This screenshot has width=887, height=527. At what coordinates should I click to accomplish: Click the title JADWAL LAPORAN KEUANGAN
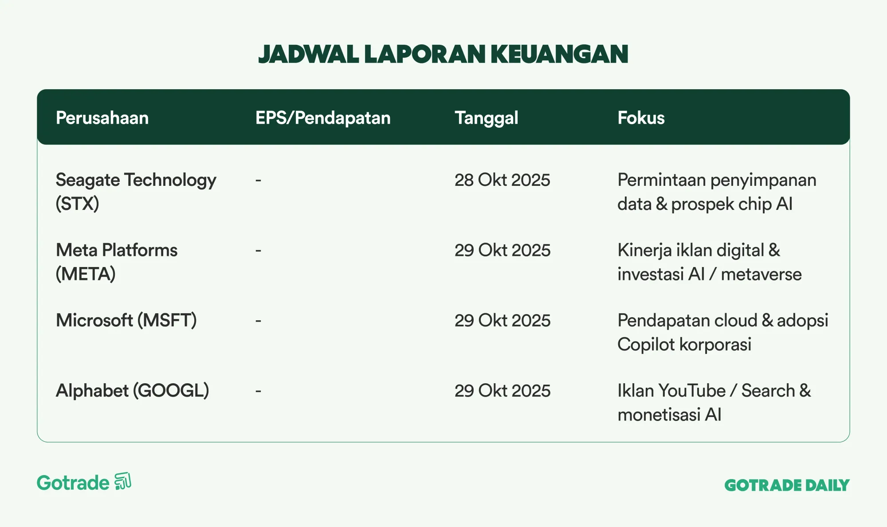point(443,54)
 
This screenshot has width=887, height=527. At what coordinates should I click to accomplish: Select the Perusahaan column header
point(102,118)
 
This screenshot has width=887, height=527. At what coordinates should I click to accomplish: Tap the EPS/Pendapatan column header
point(323,118)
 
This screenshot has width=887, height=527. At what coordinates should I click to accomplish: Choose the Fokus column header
point(641,118)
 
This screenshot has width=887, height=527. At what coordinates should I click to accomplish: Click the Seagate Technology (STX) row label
point(136,192)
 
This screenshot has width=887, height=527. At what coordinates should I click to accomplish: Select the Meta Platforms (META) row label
point(117,262)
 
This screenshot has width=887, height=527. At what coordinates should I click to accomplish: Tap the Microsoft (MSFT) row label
point(126,320)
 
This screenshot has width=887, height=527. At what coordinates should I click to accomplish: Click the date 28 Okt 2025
point(502,180)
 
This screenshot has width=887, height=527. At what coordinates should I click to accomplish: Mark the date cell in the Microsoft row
point(502,320)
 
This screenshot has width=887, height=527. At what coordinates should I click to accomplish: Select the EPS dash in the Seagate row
point(258,180)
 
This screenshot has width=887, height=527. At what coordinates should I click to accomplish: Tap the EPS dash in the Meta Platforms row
point(258,251)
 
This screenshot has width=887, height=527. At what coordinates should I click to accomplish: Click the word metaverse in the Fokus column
point(761,274)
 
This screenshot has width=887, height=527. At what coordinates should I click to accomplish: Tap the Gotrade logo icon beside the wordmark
point(123,481)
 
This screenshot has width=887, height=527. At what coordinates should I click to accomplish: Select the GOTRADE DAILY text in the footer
point(787,485)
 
